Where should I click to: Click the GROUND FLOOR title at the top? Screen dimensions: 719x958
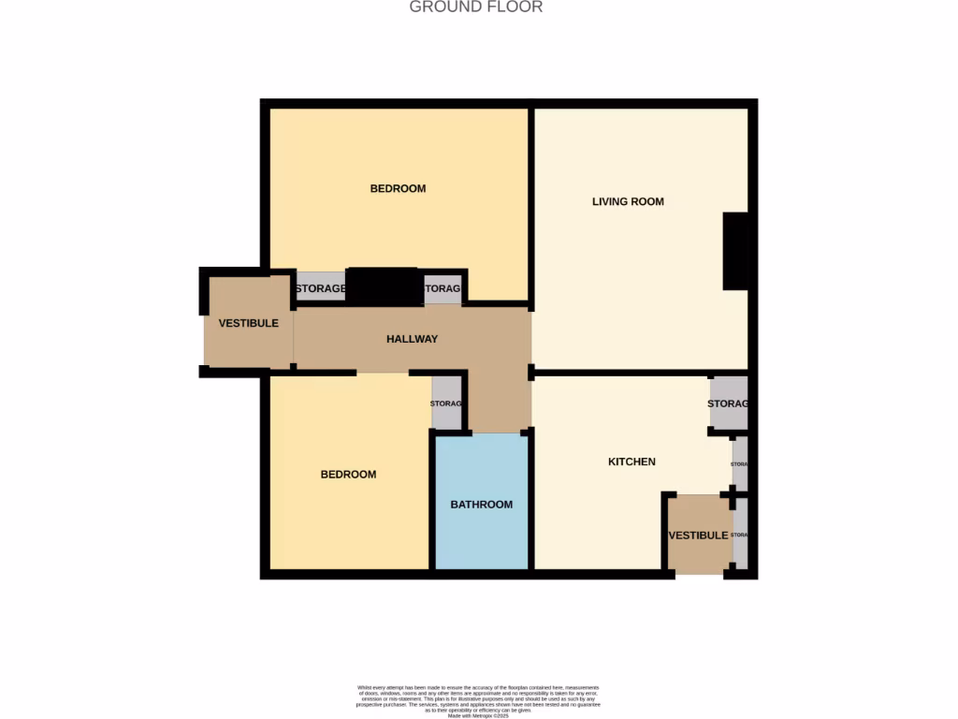coord(476,7)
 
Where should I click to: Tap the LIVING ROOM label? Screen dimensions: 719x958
coord(628,201)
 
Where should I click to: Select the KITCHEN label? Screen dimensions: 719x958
coord(631,462)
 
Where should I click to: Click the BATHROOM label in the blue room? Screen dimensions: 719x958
coord(482,505)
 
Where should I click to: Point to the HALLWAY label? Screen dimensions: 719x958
coord(412,339)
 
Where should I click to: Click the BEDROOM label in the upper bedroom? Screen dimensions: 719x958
coord(398,188)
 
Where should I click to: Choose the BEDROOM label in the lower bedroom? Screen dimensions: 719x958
coord(348,475)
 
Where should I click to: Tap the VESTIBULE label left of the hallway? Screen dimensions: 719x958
coord(248,323)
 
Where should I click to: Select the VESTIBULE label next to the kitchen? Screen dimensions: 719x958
coord(698,536)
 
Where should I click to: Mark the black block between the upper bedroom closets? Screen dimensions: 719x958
coord(385,286)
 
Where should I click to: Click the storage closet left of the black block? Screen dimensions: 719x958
coord(321,288)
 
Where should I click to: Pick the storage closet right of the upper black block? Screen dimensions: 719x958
coord(442,288)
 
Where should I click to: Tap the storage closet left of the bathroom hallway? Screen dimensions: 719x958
coord(446,404)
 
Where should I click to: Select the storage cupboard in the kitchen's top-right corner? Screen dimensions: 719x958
coord(728,403)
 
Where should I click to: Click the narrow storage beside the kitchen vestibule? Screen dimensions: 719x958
coord(740,535)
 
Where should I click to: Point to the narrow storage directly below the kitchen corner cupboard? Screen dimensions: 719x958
coord(740,464)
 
